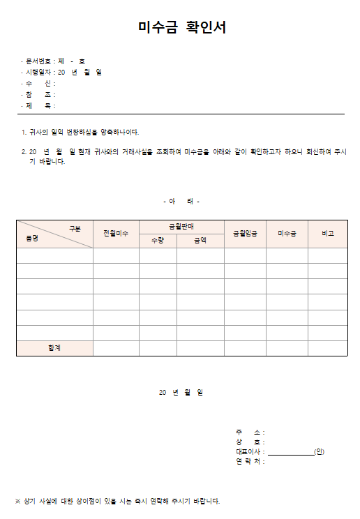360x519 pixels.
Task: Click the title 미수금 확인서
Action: point(181,28)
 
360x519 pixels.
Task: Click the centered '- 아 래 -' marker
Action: point(181,202)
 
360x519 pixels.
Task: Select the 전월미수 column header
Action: point(116,234)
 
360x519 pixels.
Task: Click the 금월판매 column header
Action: point(181,227)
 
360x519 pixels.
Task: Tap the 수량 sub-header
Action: point(158,241)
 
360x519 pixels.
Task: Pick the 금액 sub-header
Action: point(200,241)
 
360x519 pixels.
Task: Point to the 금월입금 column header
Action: point(245,234)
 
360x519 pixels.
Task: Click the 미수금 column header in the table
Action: point(287,234)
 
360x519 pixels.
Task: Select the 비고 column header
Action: point(327,234)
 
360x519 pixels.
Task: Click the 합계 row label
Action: point(54,348)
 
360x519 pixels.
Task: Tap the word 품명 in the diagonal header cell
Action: point(32,238)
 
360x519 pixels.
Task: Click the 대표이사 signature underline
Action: point(290,453)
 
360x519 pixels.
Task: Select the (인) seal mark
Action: point(319,451)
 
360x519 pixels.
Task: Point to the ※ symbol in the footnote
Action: point(18,501)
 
